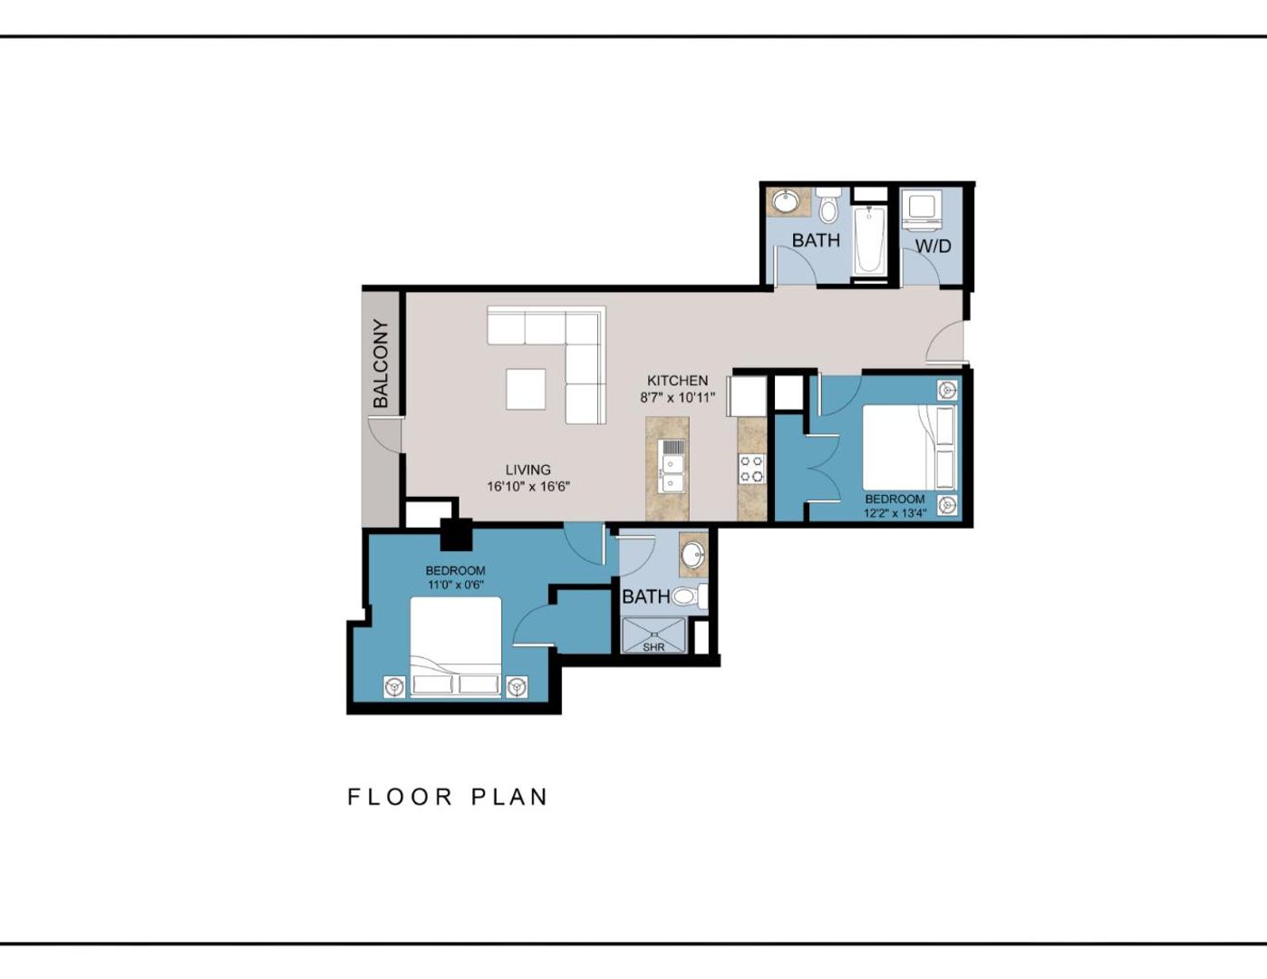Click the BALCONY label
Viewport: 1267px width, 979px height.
click(x=381, y=363)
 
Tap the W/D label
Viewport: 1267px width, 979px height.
click(x=933, y=246)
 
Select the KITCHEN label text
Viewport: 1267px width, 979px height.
click(x=677, y=381)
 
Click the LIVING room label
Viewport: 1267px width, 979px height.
click(x=527, y=470)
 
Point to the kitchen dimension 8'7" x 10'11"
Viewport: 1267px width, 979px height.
click(x=677, y=397)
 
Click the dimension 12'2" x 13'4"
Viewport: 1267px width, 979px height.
click(x=895, y=513)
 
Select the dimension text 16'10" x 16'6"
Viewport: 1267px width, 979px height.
click(x=527, y=487)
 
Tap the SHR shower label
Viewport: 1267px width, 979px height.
click(x=653, y=647)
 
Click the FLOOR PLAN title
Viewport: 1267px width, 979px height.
click(x=448, y=797)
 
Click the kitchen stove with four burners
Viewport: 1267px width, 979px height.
click(x=751, y=469)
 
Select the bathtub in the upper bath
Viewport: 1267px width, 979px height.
click(x=870, y=240)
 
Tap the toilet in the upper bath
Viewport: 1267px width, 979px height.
click(x=827, y=207)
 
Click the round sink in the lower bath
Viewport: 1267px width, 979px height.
click(x=693, y=553)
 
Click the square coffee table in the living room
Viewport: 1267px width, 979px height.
click(x=526, y=389)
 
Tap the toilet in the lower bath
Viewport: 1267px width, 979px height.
click(x=688, y=596)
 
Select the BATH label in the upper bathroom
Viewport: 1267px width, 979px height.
click(x=816, y=240)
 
